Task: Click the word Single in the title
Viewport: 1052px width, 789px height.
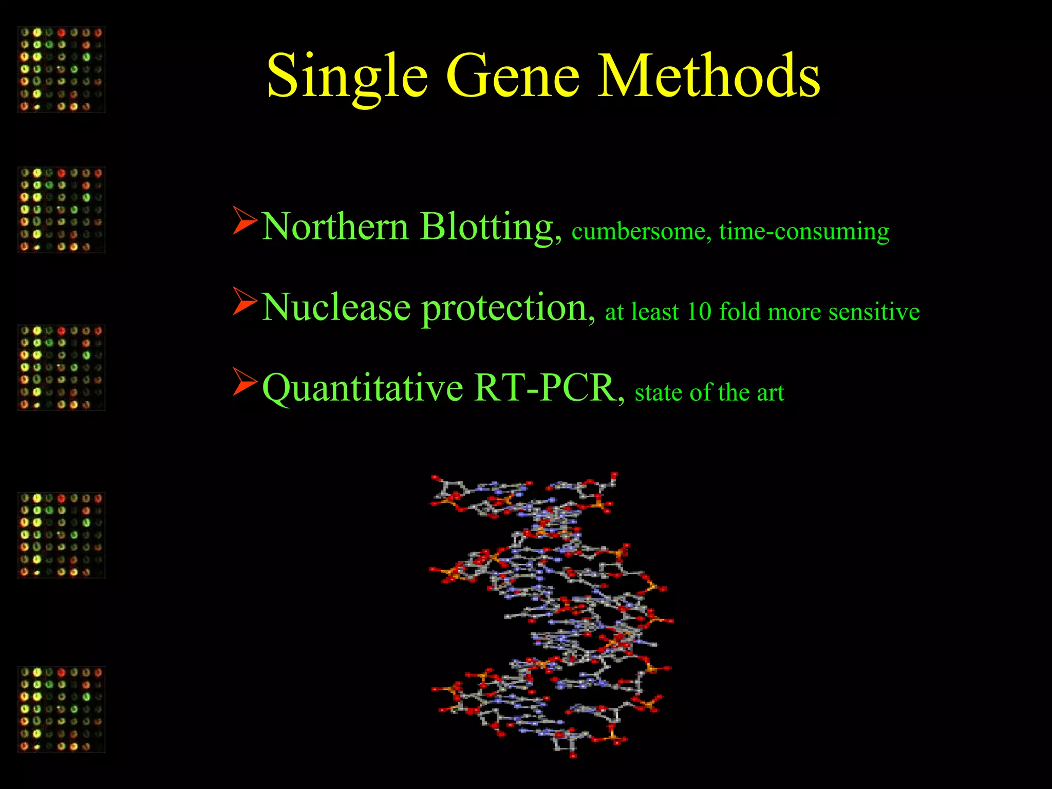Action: pyautogui.click(x=347, y=77)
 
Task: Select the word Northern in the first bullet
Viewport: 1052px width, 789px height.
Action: pyautogui.click(x=335, y=227)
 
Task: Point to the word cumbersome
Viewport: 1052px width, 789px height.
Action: pyautogui.click(x=641, y=232)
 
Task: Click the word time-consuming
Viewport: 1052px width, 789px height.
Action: pyautogui.click(x=804, y=232)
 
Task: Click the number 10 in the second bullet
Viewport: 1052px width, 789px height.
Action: pyautogui.click(x=699, y=312)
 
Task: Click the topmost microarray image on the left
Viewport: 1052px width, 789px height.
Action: pyautogui.click(x=62, y=69)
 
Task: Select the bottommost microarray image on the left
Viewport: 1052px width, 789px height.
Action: pyautogui.click(x=62, y=709)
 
